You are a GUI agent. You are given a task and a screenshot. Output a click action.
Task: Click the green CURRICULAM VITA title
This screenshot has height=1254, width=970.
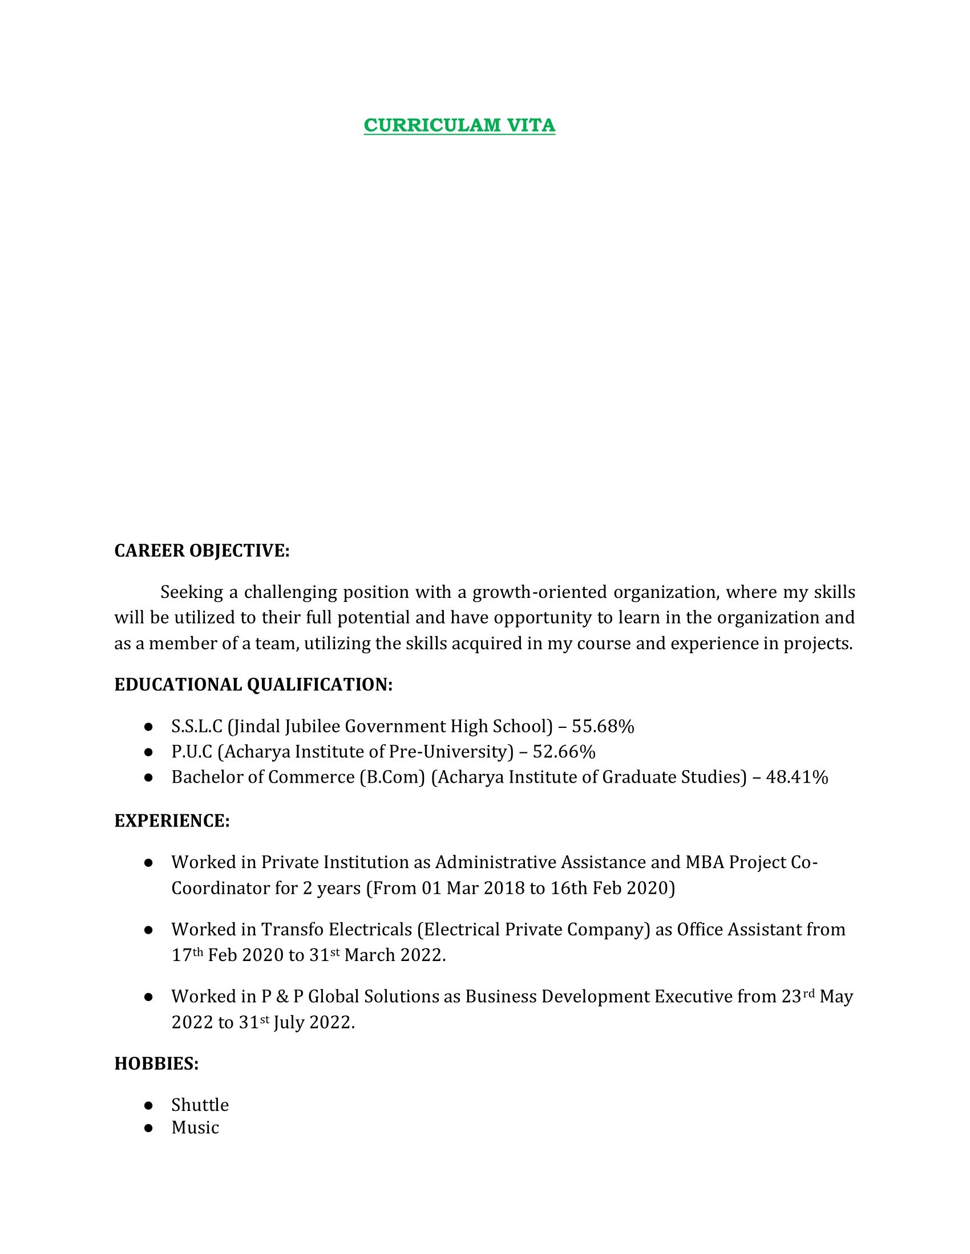(459, 125)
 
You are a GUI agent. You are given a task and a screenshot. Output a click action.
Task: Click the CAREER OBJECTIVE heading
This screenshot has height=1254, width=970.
(201, 551)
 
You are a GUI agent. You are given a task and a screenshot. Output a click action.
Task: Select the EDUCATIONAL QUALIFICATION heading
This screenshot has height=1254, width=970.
(253, 685)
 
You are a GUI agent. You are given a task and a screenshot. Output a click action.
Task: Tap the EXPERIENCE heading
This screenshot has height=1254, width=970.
(172, 821)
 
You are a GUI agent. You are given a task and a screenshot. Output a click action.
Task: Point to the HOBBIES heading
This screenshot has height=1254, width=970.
(156, 1064)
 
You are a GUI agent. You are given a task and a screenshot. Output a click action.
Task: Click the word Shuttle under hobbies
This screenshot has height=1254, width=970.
(200, 1105)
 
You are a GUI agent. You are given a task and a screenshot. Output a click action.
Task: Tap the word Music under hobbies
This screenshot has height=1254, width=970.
(195, 1127)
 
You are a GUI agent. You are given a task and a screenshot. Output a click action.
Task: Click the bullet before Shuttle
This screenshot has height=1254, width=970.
(148, 1105)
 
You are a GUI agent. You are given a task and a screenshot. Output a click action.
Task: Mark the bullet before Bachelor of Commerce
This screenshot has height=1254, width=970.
(148, 777)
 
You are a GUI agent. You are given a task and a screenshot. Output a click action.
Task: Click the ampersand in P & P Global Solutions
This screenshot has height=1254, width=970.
(282, 996)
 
